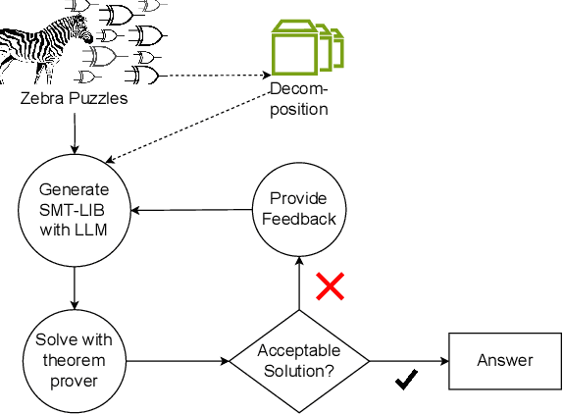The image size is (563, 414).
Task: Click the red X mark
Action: coord(330,286)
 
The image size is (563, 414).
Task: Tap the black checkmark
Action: coord(405,379)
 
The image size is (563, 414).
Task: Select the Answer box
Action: coord(504,361)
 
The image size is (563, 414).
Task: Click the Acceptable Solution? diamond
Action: coord(299,361)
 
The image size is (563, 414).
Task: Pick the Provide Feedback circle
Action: coord(299,209)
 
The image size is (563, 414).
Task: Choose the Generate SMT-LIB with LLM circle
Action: coord(75,209)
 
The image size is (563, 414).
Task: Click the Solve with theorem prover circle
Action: coord(75,359)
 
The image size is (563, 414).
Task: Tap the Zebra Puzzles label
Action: coord(74,99)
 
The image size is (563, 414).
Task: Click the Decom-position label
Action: coord(299,99)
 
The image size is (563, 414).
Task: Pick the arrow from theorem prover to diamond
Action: coord(178,361)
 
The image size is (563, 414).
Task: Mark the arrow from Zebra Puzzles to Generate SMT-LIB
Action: coord(75,131)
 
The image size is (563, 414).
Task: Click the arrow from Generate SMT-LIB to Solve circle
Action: coord(75,285)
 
